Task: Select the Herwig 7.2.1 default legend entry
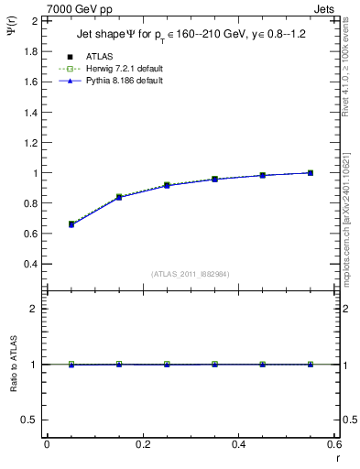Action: coord(124,69)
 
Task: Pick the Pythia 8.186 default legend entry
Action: coord(124,82)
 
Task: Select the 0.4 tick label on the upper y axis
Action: coord(31,264)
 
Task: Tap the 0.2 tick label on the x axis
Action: coord(142,444)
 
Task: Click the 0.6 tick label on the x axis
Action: coord(333,444)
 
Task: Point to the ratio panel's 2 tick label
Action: coord(33,310)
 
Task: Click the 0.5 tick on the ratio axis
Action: coord(29,420)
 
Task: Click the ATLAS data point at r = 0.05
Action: coord(71,224)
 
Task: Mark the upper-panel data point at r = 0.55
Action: coord(311,172)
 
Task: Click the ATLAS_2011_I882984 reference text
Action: coord(189,273)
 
